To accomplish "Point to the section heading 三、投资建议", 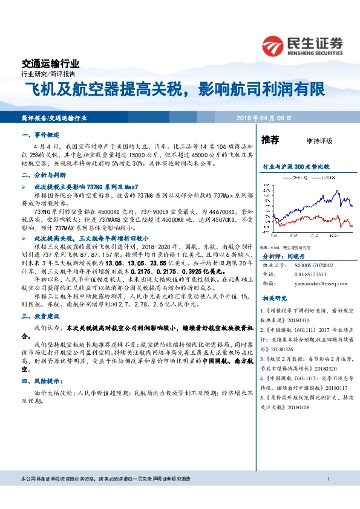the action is pos(40,316).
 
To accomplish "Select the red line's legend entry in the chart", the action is pos(297,178).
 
